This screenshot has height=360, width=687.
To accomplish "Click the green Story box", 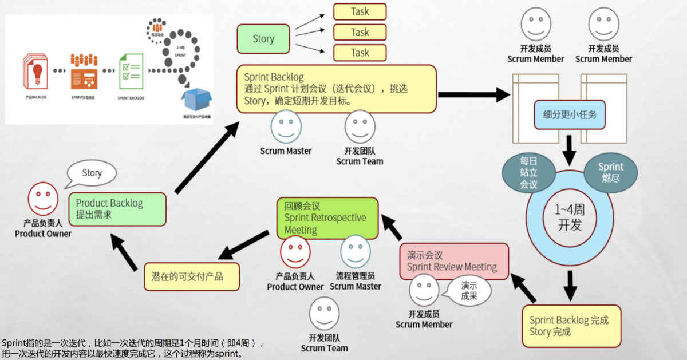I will point(263,39).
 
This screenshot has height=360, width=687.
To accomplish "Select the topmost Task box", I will point(360,11).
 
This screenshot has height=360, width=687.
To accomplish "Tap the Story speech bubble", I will point(92,173).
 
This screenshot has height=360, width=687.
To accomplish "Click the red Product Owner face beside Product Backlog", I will point(43,198).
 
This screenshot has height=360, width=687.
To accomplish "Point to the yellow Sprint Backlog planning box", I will point(336,89).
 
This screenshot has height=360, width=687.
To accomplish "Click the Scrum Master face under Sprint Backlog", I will point(286,126).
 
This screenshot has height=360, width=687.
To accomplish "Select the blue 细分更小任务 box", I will point(569,114).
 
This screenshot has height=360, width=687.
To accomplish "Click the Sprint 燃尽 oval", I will point(610,172).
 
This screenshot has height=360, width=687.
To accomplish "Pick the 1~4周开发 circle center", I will point(569,217).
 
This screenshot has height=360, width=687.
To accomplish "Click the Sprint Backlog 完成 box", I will point(571,326).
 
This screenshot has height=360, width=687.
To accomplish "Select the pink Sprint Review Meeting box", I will point(453,262).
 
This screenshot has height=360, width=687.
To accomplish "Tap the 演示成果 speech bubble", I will point(469,291).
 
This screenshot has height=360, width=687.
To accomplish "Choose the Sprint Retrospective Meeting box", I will point(327,218).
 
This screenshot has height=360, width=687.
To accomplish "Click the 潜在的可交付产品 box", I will point(191,276).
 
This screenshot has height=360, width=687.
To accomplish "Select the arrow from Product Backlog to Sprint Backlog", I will point(206,158).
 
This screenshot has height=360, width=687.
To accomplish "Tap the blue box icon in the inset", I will point(196,101).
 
